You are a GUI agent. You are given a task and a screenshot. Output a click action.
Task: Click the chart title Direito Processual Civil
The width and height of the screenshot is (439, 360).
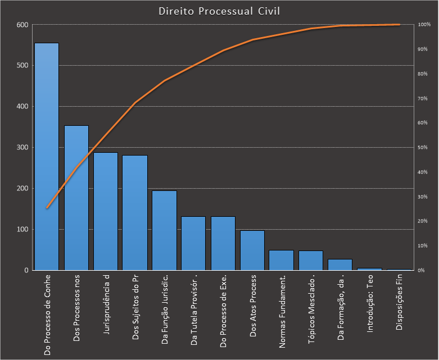[219, 11]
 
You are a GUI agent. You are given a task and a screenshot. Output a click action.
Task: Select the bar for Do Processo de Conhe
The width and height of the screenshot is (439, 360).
[47, 157]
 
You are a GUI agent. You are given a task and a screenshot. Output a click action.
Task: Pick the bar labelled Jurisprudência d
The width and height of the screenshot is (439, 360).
[105, 211]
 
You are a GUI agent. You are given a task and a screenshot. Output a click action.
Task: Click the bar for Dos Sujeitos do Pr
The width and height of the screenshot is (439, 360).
[134, 213]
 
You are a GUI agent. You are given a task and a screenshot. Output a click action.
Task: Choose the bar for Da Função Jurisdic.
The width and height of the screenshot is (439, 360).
[164, 230]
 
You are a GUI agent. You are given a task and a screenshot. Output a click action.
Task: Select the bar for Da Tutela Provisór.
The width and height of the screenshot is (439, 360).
[193, 243]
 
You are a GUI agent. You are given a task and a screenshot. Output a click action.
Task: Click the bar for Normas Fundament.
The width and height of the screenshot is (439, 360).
[281, 260]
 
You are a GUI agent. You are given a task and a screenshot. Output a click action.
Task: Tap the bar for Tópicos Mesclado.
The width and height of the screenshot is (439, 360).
[310, 261]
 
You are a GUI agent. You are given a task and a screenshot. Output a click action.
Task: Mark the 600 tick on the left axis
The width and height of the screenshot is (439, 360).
[22, 25]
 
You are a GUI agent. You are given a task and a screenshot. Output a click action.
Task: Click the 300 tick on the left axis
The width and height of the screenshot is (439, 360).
[22, 148]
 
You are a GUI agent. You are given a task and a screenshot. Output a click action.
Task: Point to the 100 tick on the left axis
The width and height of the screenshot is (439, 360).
[22, 229]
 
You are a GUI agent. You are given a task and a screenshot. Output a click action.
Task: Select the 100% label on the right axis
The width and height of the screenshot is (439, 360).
[424, 25]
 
